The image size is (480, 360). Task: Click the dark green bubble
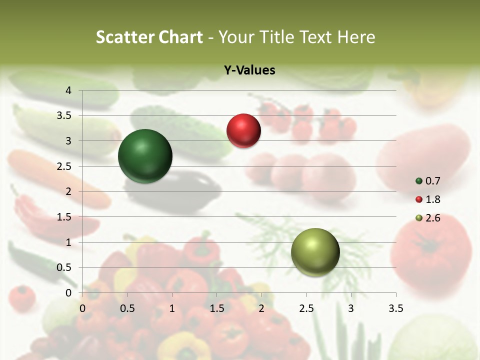point(145,156)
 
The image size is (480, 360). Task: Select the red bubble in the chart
point(243,130)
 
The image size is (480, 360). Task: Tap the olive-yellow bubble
point(315,252)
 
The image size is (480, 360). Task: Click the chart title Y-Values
point(249,70)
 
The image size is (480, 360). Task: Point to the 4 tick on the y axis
point(68,90)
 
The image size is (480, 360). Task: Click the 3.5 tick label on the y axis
point(64,116)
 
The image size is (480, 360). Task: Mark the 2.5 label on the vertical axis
point(64,166)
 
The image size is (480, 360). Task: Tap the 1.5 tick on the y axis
point(64,217)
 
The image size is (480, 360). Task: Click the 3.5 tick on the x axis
point(395,308)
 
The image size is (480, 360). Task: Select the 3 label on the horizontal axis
point(351,308)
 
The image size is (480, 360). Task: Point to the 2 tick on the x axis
point(261,308)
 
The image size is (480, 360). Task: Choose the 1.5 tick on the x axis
point(216,308)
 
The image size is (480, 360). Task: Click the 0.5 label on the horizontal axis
point(127,308)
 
